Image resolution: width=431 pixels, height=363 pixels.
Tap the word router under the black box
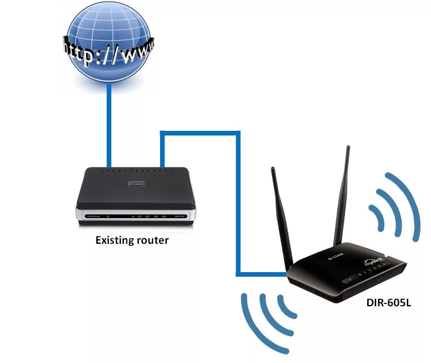tap(155, 240)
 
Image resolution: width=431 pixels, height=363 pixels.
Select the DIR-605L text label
tap(388, 303)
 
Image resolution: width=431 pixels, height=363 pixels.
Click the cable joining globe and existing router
tap(109, 125)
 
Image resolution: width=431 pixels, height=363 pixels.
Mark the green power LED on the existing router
tap(108, 216)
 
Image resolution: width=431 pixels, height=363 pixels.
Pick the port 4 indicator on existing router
tap(164, 217)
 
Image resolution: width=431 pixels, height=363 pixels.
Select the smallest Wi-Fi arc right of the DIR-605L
tap(377, 217)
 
